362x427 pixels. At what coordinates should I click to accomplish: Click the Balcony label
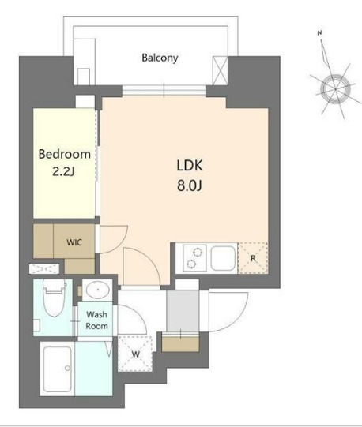click(x=160, y=58)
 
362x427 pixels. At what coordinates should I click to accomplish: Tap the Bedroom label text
click(x=64, y=154)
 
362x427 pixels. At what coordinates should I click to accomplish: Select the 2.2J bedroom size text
click(x=63, y=172)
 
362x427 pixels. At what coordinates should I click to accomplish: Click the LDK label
click(x=190, y=166)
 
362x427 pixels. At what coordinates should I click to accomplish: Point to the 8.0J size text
click(x=190, y=186)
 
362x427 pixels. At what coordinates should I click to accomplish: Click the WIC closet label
click(x=74, y=242)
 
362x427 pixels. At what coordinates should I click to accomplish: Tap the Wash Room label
click(x=97, y=320)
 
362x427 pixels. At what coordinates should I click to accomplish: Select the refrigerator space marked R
click(x=253, y=258)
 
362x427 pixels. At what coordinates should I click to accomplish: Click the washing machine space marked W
click(x=135, y=354)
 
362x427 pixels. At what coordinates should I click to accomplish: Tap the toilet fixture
click(x=55, y=298)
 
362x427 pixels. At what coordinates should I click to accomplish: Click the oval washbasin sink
click(x=98, y=290)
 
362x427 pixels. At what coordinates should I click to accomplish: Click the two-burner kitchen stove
click(x=194, y=258)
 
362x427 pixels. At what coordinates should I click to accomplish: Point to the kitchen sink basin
click(x=223, y=258)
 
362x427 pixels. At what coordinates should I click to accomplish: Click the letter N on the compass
click(x=320, y=33)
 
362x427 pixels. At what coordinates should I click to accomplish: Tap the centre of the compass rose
click(x=335, y=89)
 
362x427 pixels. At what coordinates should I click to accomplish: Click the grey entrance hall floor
click(x=183, y=311)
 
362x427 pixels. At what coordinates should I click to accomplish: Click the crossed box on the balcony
click(x=220, y=70)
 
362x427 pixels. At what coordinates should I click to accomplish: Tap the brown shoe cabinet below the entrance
click(x=180, y=344)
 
